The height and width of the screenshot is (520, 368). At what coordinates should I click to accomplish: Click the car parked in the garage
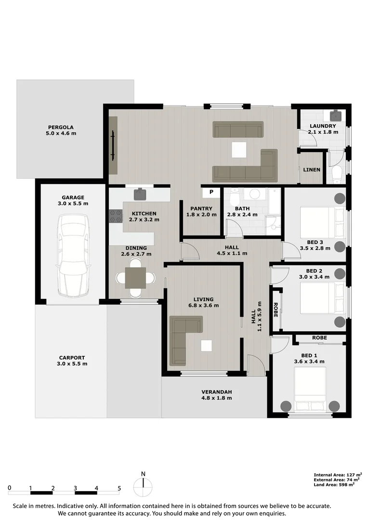(73, 255)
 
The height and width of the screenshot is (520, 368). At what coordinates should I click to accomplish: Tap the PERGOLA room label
(61, 130)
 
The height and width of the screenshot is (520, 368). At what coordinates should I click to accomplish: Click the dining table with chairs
(135, 278)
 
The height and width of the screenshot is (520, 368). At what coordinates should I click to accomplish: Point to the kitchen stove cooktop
(116, 216)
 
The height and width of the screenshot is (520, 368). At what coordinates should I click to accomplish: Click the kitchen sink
(140, 194)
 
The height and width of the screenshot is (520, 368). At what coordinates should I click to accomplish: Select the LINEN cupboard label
(311, 170)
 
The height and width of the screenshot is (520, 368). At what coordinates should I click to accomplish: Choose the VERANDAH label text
(216, 395)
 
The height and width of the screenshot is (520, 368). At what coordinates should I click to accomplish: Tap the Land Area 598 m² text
(334, 485)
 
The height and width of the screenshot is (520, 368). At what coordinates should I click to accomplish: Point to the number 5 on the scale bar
(119, 488)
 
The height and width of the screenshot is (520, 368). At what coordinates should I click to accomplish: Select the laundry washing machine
(336, 116)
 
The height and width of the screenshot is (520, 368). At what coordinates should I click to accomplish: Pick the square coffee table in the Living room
(207, 346)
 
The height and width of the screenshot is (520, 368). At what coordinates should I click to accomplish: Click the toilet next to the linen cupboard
(337, 172)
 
